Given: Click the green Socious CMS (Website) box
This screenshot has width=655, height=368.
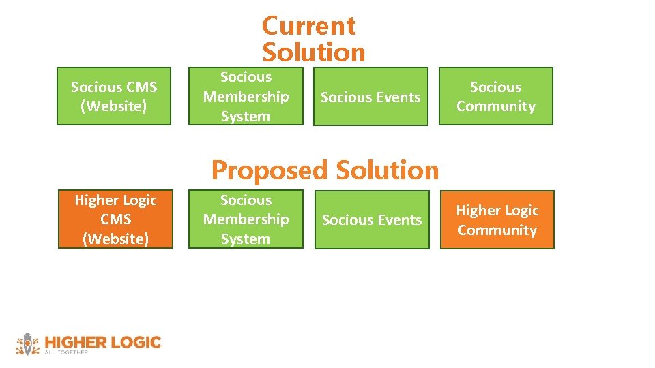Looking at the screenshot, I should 114,96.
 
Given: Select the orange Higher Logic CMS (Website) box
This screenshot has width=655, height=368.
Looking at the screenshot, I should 115,219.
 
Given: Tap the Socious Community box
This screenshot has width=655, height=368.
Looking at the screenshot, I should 495,96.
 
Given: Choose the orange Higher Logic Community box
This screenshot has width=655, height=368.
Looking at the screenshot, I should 497,219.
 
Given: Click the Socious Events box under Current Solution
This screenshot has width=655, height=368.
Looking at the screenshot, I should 370,97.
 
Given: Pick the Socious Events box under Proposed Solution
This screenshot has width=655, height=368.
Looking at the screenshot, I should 372,220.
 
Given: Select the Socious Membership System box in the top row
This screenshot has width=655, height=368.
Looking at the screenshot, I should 246,96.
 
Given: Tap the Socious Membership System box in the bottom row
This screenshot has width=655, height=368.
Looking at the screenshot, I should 246,219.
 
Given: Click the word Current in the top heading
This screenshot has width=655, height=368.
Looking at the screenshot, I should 308,26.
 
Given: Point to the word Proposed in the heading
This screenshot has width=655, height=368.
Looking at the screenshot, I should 269,170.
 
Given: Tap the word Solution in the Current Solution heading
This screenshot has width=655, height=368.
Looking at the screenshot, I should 314,52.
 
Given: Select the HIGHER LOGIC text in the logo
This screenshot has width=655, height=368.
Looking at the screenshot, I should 102,341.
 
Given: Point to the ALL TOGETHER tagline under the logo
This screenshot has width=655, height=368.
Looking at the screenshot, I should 66,352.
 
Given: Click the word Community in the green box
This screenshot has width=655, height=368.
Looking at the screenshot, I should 496,106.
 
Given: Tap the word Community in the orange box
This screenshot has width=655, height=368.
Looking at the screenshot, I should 497,230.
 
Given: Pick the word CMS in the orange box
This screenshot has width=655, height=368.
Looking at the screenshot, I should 115,219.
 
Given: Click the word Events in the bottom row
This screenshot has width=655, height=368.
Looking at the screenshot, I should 398,220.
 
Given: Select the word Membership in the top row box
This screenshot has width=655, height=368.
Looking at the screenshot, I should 246,97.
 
